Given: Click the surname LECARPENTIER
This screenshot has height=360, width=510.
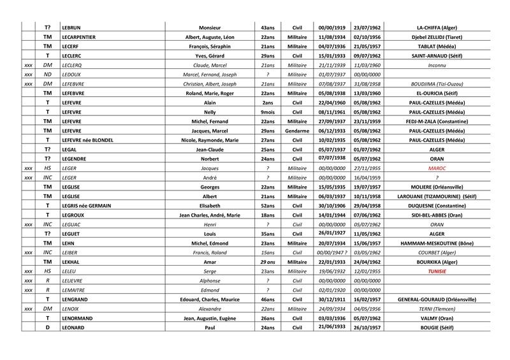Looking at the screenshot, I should [x=79, y=37].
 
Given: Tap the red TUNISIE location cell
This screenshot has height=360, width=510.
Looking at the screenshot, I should [x=437, y=270].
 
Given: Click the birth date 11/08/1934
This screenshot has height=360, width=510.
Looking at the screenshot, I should [x=331, y=37].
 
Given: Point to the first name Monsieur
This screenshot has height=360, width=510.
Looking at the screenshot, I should [x=214, y=27].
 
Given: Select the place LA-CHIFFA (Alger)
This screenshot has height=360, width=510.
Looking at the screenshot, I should [x=437, y=27].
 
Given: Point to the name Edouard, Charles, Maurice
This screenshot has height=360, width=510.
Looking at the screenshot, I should [x=214, y=298].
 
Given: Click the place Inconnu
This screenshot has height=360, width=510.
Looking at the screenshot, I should [x=437, y=65].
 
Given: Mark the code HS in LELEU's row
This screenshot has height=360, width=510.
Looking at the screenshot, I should [x=47, y=270].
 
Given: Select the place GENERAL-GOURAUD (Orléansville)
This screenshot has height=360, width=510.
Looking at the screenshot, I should [x=437, y=298].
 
